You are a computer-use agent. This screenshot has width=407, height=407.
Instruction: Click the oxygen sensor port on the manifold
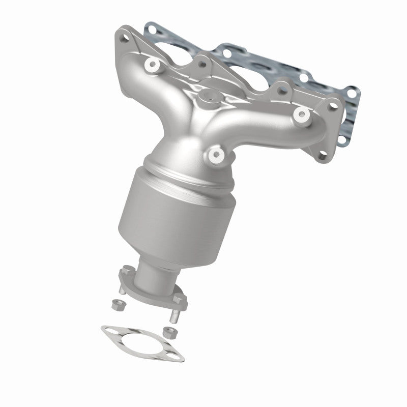pos(209,96)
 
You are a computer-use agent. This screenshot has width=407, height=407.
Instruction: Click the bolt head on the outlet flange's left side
pos(124,275)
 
